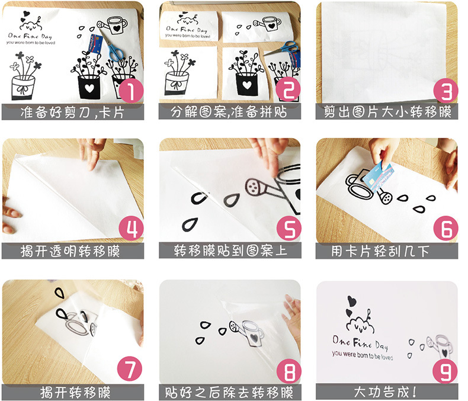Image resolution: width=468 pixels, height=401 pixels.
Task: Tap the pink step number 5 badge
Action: click(289, 229)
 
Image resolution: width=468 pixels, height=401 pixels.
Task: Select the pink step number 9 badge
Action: click(445, 371)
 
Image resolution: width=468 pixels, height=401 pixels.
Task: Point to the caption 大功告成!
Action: click(385, 392)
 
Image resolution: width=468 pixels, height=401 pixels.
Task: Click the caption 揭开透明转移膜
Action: click(70, 251)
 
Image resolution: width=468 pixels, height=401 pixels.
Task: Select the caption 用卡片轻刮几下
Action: click(380, 251)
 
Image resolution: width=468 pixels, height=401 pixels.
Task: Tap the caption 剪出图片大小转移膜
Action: click(387, 112)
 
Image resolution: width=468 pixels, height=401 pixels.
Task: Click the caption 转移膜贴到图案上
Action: click(230, 251)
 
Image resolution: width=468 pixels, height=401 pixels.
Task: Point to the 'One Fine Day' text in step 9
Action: click(360, 342)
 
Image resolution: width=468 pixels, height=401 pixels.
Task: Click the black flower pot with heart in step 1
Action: click(89, 87)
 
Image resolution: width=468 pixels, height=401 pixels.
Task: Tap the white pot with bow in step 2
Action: click(177, 83)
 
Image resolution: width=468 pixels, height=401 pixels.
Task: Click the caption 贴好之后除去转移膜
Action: click(229, 392)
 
